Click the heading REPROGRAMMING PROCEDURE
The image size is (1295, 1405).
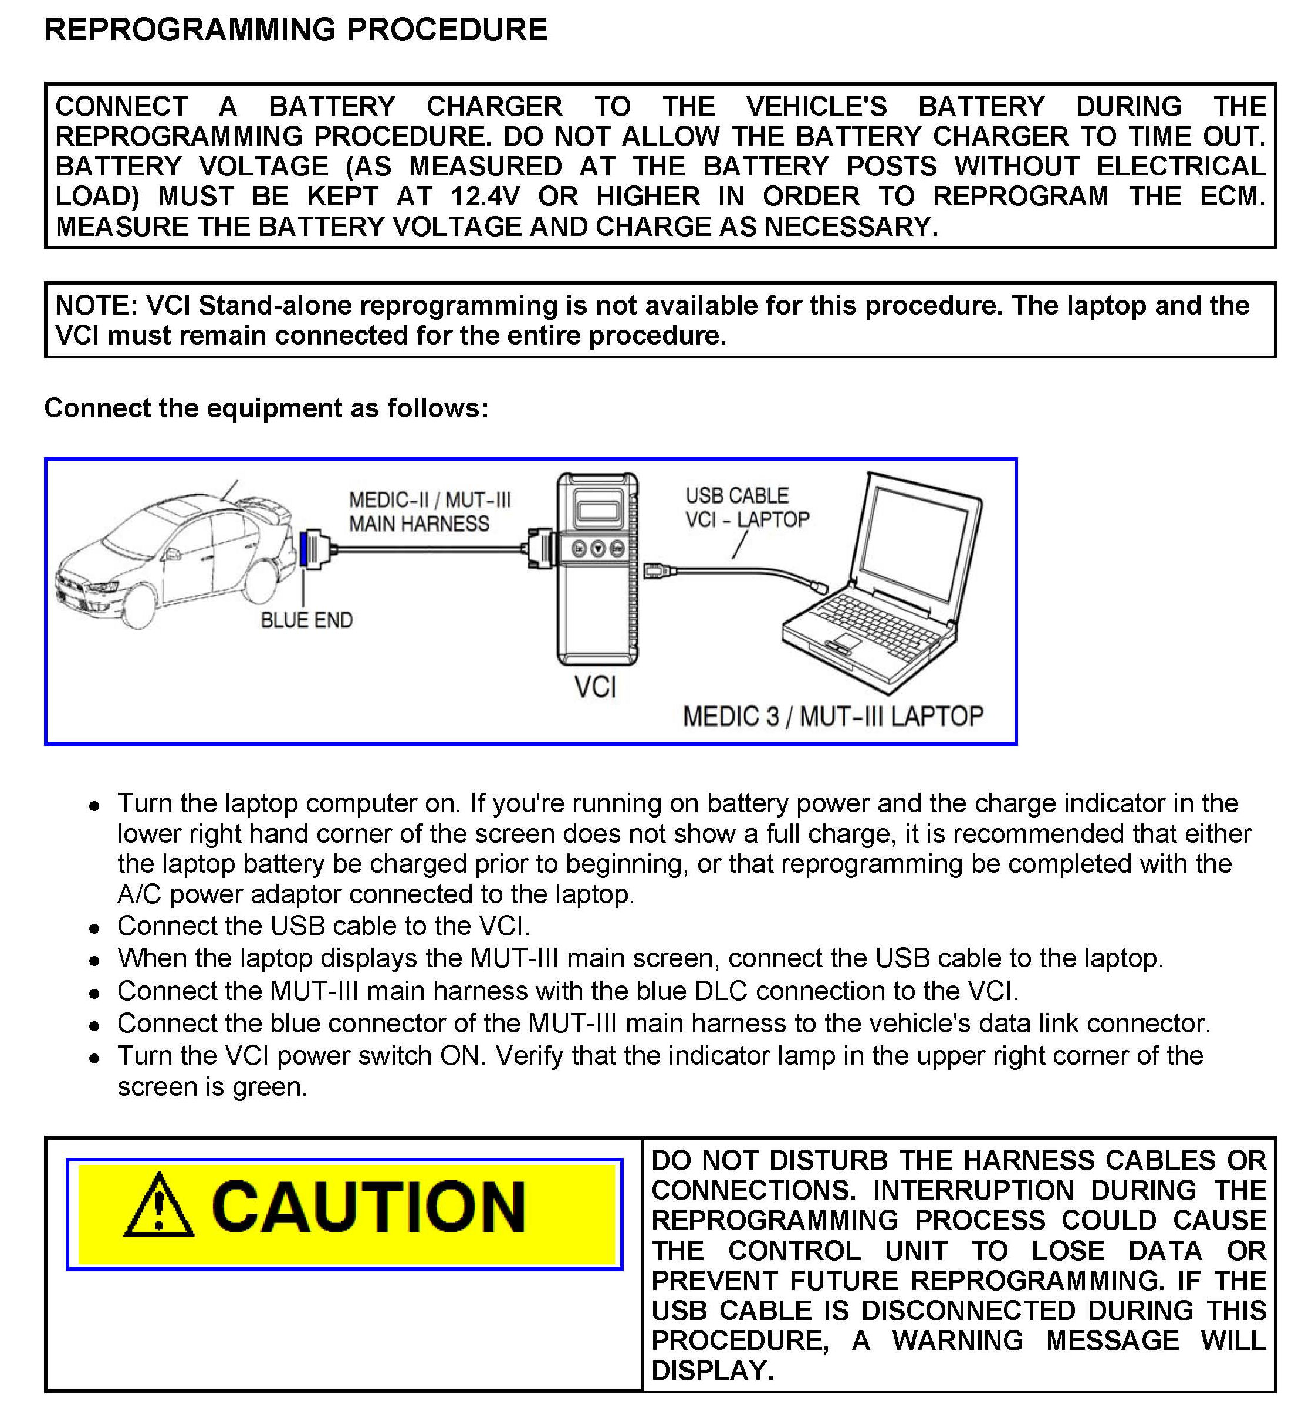click(296, 30)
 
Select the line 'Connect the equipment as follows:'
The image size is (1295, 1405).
click(266, 408)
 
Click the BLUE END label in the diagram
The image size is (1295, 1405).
click(306, 620)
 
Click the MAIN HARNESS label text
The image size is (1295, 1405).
click(419, 524)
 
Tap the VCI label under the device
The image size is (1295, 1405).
click(595, 687)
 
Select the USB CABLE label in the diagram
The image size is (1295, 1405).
click(736, 496)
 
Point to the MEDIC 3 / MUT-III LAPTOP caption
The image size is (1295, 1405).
click(833, 716)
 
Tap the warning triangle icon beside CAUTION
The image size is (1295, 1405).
click(159, 1205)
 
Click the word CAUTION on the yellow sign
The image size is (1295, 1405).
click(368, 1207)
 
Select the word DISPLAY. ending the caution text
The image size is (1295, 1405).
click(712, 1370)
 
